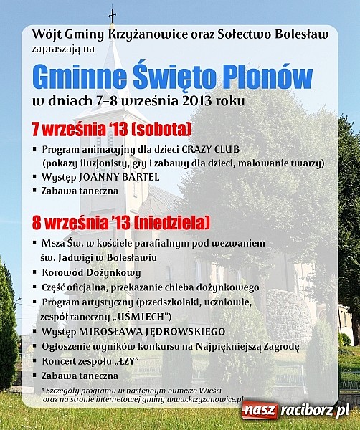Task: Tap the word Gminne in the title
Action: click(x=80, y=76)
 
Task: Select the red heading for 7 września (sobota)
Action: click(x=111, y=129)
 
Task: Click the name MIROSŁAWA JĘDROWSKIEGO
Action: click(x=153, y=331)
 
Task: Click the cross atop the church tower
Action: click(x=112, y=14)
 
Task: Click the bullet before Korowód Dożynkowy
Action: click(x=35, y=273)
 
